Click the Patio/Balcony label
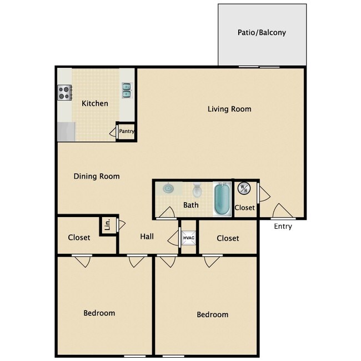tap(262, 33)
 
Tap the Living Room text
tap(229, 109)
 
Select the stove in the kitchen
tap(64, 92)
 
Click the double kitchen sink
tap(127, 90)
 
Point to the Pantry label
tap(127, 132)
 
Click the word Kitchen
tap(95, 104)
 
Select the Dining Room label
tap(97, 177)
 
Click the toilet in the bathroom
tap(197, 191)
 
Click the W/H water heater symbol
tap(244, 189)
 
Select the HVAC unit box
tap(189, 238)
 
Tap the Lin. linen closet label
tap(107, 225)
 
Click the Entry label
tap(283, 227)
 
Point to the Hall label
tap(147, 237)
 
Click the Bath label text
tap(191, 205)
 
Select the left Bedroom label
tap(99, 313)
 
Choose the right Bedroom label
tap(213, 315)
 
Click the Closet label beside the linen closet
tap(79, 238)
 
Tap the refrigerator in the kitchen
tap(65, 132)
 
